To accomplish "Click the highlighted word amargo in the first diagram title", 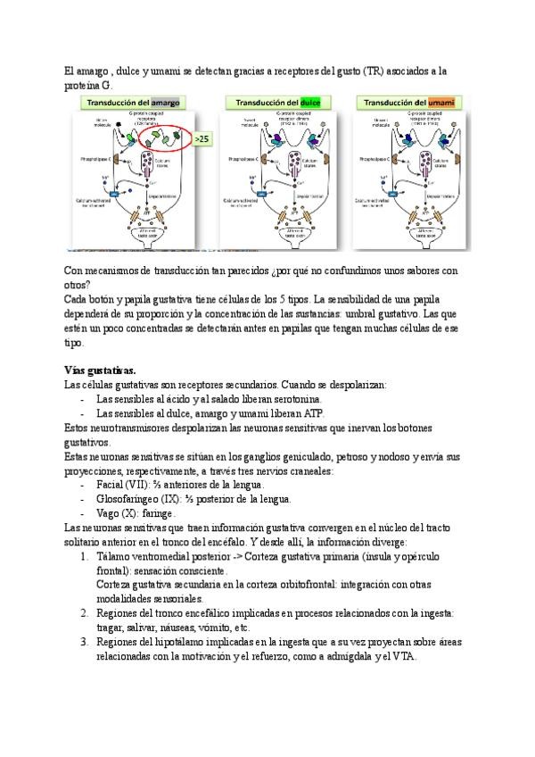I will pos(166,103).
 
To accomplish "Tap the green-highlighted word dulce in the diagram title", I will pos(310,103).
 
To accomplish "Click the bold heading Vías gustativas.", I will pos(100,370).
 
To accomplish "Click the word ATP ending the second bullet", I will pos(315,412).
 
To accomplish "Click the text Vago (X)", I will pos(115,513).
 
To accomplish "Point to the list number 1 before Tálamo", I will pos(85,556).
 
